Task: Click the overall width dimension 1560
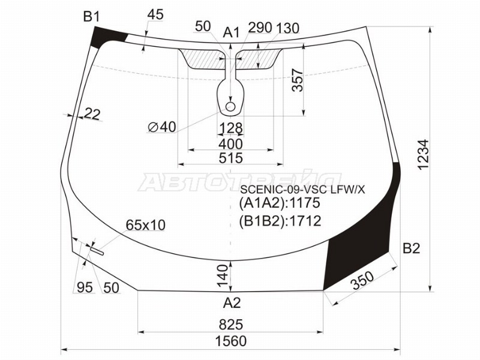[x=230, y=341]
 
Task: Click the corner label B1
[x=91, y=17]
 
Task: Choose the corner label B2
[x=411, y=248]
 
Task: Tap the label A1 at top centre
[x=232, y=32]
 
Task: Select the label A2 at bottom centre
[x=232, y=302]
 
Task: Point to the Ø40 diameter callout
[x=161, y=127]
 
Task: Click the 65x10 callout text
[x=145, y=225]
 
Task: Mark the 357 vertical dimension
[x=297, y=80]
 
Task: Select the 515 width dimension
[x=230, y=158]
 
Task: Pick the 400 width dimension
[x=230, y=144]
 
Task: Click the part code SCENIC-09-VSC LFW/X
[x=302, y=190]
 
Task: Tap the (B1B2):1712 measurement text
[x=280, y=221]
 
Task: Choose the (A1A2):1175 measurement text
[x=280, y=204]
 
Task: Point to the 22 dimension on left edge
[x=92, y=113]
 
